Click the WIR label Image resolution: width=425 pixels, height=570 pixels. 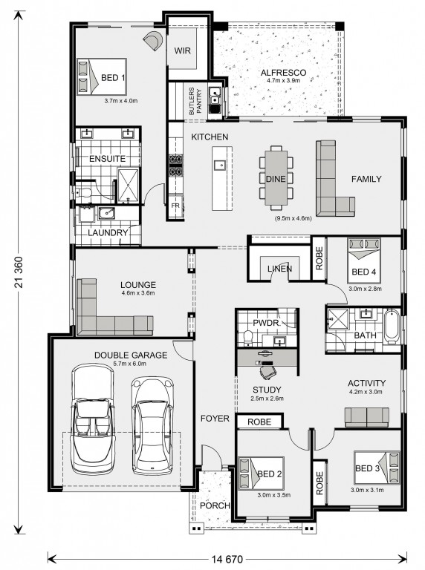(182, 50)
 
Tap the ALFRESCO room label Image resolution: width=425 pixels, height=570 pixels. (283, 73)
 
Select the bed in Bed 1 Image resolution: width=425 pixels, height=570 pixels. (102, 76)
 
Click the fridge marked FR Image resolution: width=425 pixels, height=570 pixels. (176, 206)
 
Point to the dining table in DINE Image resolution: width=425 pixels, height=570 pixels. (276, 178)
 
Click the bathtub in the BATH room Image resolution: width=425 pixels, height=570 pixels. (392, 326)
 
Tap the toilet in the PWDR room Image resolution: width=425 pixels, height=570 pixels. (248, 337)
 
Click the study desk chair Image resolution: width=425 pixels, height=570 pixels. (268, 372)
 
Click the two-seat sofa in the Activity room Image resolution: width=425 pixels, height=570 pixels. (367, 417)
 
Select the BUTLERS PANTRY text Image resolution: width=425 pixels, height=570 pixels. (195, 102)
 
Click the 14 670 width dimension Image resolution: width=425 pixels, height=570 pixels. (227, 558)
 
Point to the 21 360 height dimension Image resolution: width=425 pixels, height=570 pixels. (19, 272)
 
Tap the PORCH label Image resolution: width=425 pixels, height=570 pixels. (215, 505)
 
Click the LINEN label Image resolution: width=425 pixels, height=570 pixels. (279, 269)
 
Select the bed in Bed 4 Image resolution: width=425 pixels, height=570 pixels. (364, 261)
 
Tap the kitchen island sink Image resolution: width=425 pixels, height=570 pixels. (220, 166)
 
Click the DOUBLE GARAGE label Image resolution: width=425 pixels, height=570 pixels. (131, 356)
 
